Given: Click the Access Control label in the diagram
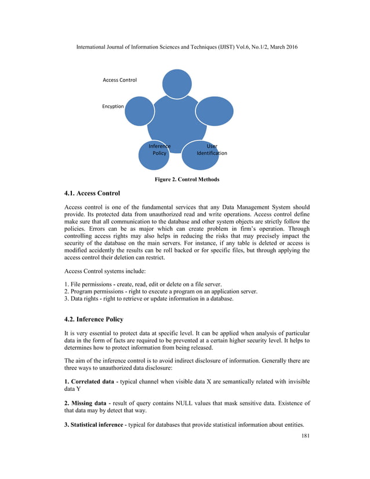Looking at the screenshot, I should [x=119, y=80].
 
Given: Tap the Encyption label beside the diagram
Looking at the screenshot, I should [x=113, y=106].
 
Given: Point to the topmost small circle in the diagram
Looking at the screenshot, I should [x=177, y=84].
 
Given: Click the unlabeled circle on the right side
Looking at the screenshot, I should [x=215, y=110].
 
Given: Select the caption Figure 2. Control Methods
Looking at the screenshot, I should [x=187, y=179].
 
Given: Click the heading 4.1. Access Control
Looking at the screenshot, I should [x=92, y=193].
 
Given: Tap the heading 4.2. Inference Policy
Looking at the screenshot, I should [x=93, y=320].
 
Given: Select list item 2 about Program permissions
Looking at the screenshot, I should [x=161, y=291].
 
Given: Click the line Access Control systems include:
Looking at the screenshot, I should [x=103, y=270].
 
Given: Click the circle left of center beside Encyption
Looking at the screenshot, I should [x=140, y=111].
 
